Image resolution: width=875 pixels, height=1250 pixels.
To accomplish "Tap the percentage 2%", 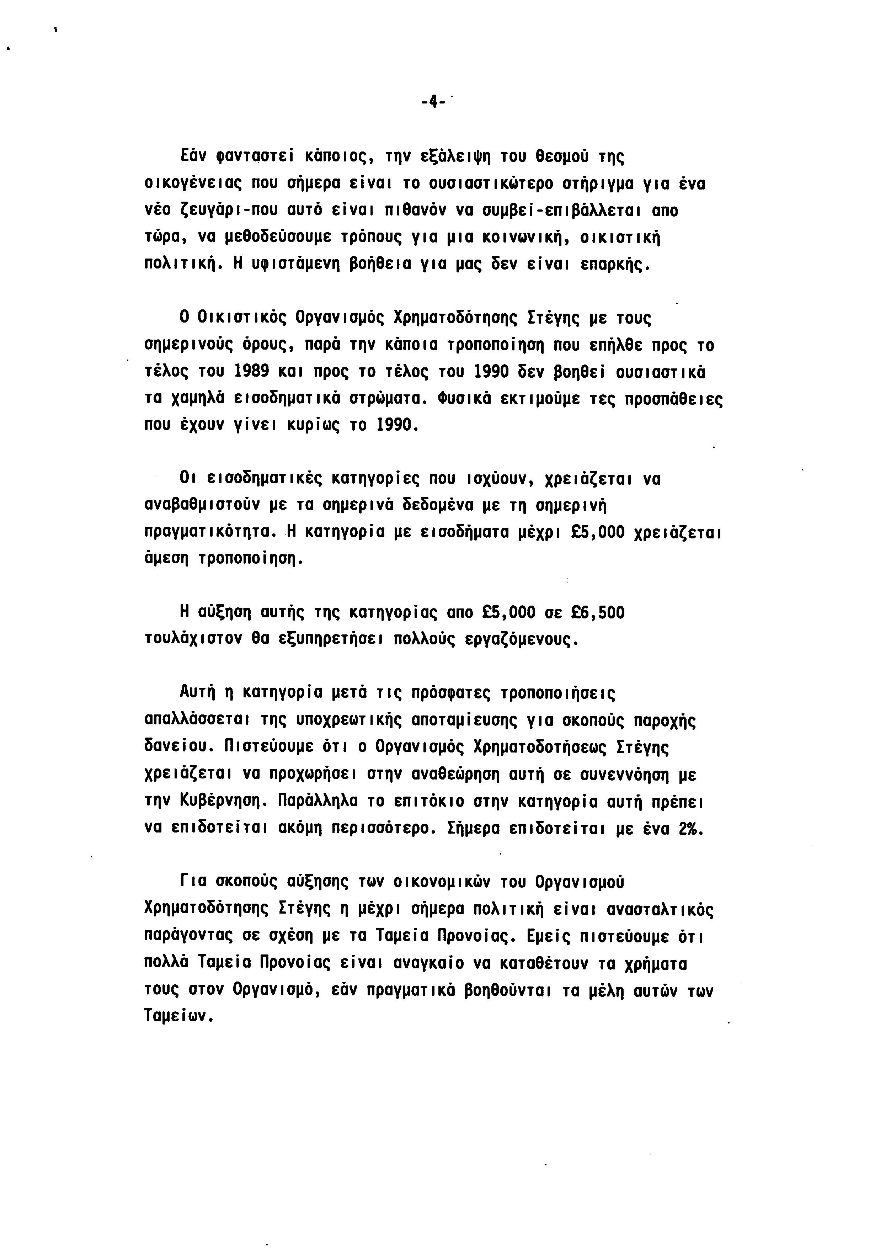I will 691,828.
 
